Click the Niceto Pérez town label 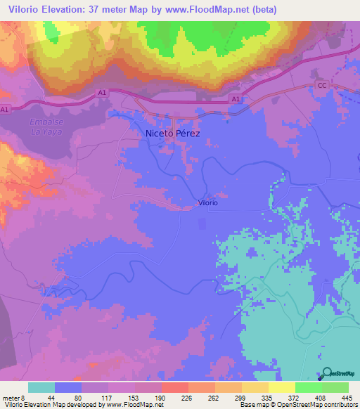[x=172, y=133]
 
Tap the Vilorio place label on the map [x=207, y=203]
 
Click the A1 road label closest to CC [x=236, y=100]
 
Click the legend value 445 [x=346, y=397]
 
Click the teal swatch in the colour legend [x=41, y=387]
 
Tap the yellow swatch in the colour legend [x=281, y=387]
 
